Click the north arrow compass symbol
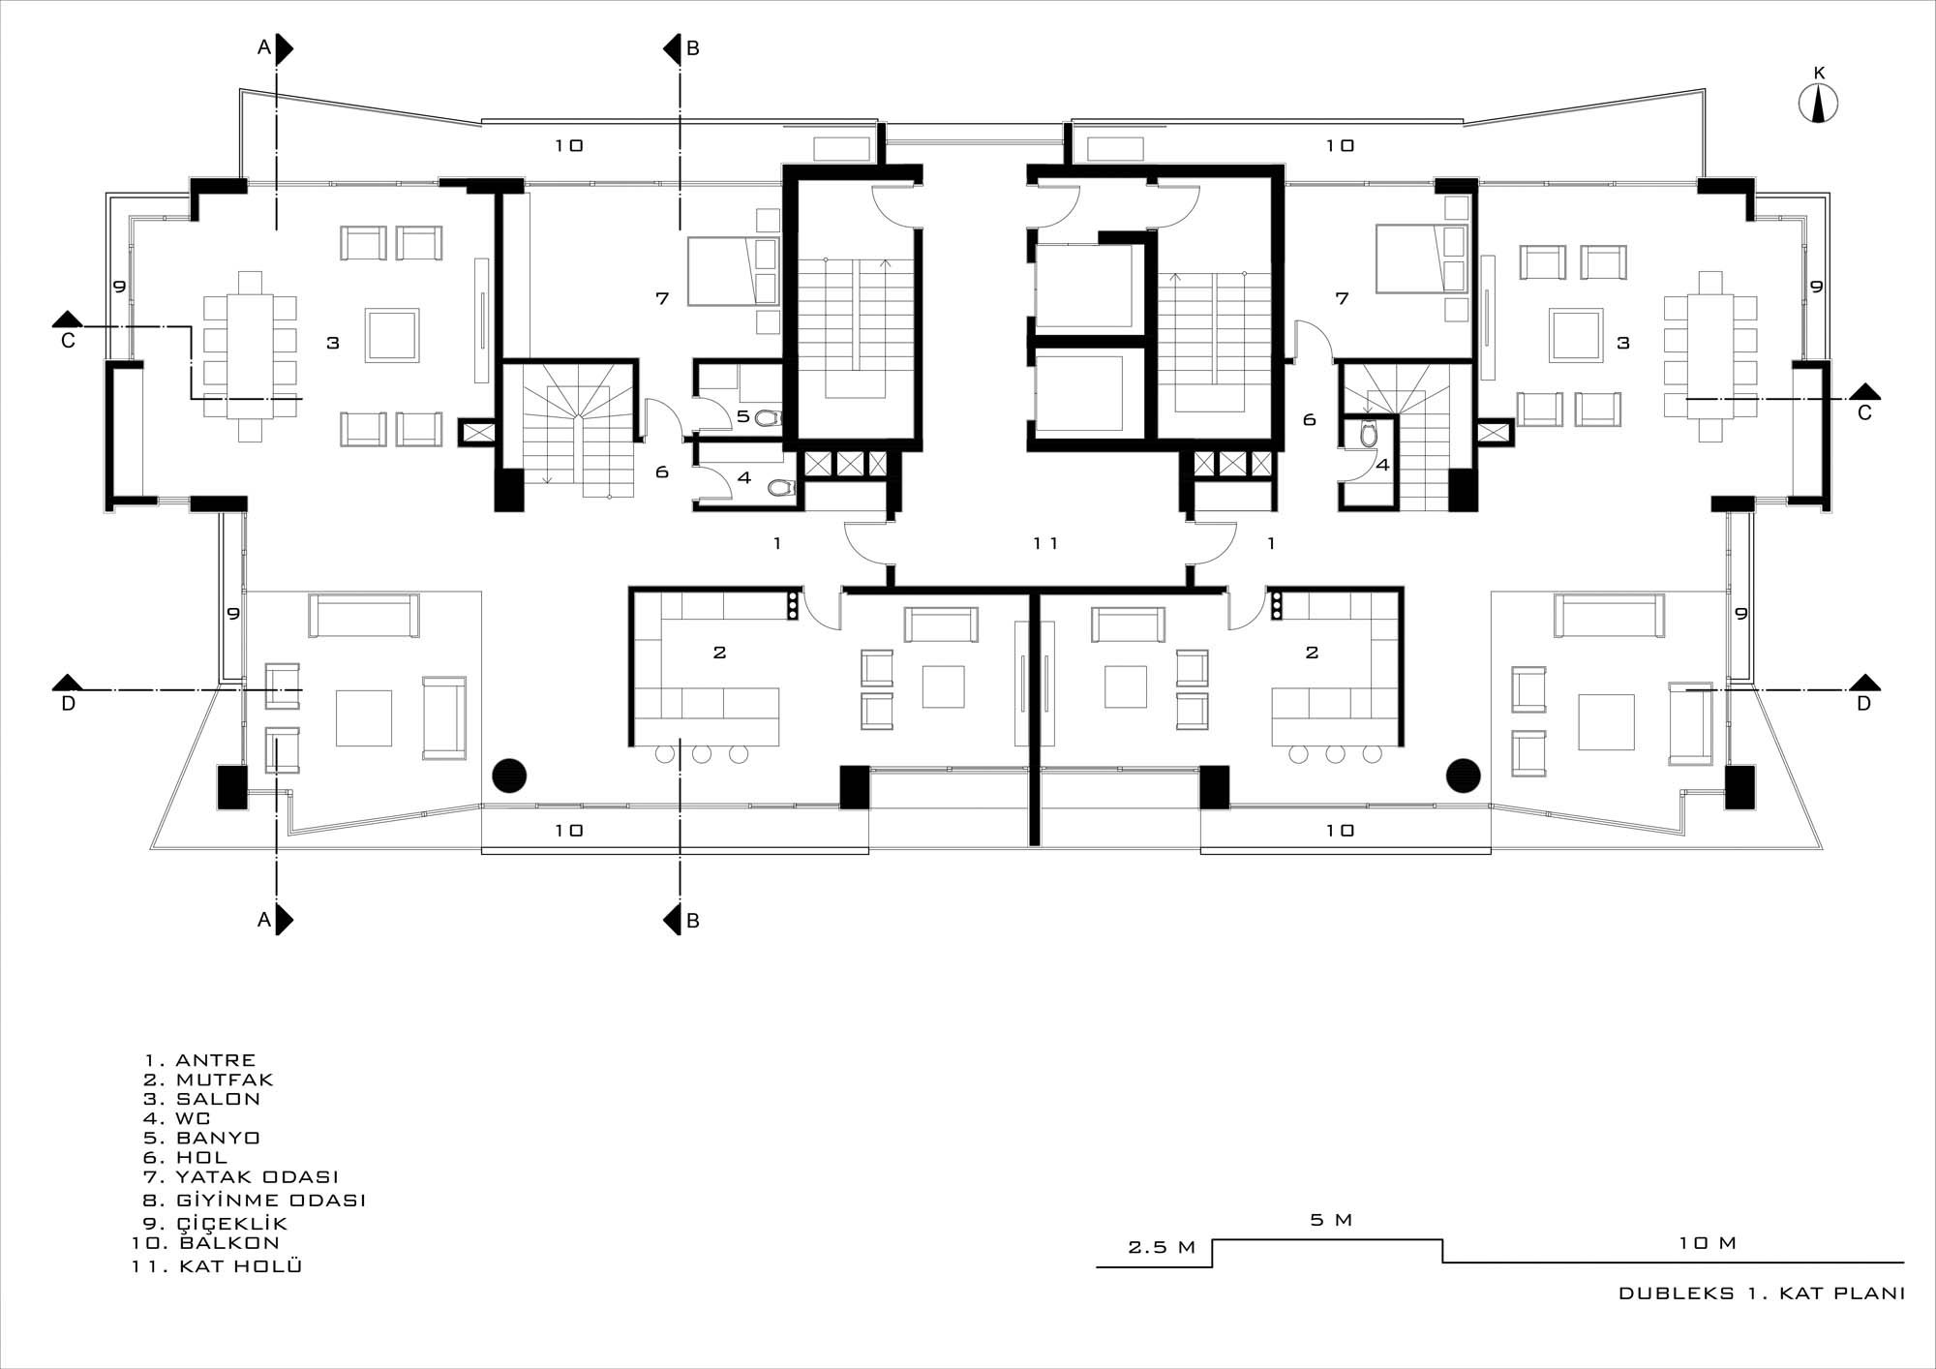click(1818, 103)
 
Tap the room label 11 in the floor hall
click(1045, 543)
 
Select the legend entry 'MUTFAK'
click(225, 1080)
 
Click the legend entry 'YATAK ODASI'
click(257, 1177)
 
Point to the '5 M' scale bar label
click(1331, 1220)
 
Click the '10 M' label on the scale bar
click(1708, 1243)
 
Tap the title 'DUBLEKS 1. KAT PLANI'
click(1762, 1293)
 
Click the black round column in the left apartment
click(509, 776)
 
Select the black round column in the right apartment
click(1464, 776)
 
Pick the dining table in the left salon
click(250, 356)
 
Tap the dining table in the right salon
click(1710, 356)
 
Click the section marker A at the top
click(275, 48)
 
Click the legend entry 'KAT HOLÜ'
click(241, 1265)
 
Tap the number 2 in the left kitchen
click(719, 653)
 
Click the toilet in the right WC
click(1368, 435)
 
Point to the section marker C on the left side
click(68, 329)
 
